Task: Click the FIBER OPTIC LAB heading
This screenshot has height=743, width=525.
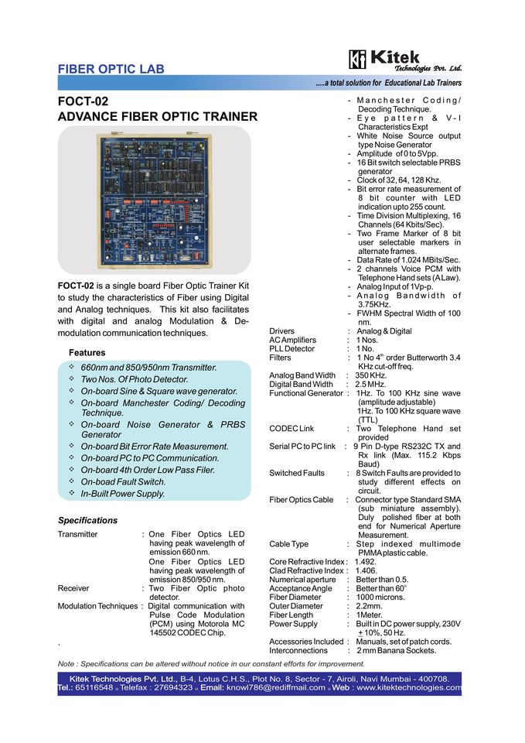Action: click(x=111, y=70)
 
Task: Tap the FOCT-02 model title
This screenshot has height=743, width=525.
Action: click(x=83, y=101)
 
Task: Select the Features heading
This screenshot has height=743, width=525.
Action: click(x=87, y=353)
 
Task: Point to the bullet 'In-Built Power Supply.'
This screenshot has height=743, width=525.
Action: click(x=122, y=493)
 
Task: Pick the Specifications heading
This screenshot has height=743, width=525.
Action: click(x=87, y=520)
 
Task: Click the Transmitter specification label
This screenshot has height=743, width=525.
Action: click(x=77, y=534)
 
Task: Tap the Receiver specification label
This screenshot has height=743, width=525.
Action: click(x=73, y=588)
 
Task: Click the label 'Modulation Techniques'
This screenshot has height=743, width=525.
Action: click(x=97, y=606)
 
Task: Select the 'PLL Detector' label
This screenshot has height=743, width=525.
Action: click(x=291, y=349)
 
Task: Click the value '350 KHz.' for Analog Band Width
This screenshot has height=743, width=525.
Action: click(x=371, y=375)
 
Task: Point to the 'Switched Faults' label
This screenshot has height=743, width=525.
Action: click(x=297, y=473)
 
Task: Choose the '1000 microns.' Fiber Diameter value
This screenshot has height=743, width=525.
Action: click(x=380, y=597)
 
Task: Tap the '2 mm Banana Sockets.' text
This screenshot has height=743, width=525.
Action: click(x=396, y=651)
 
